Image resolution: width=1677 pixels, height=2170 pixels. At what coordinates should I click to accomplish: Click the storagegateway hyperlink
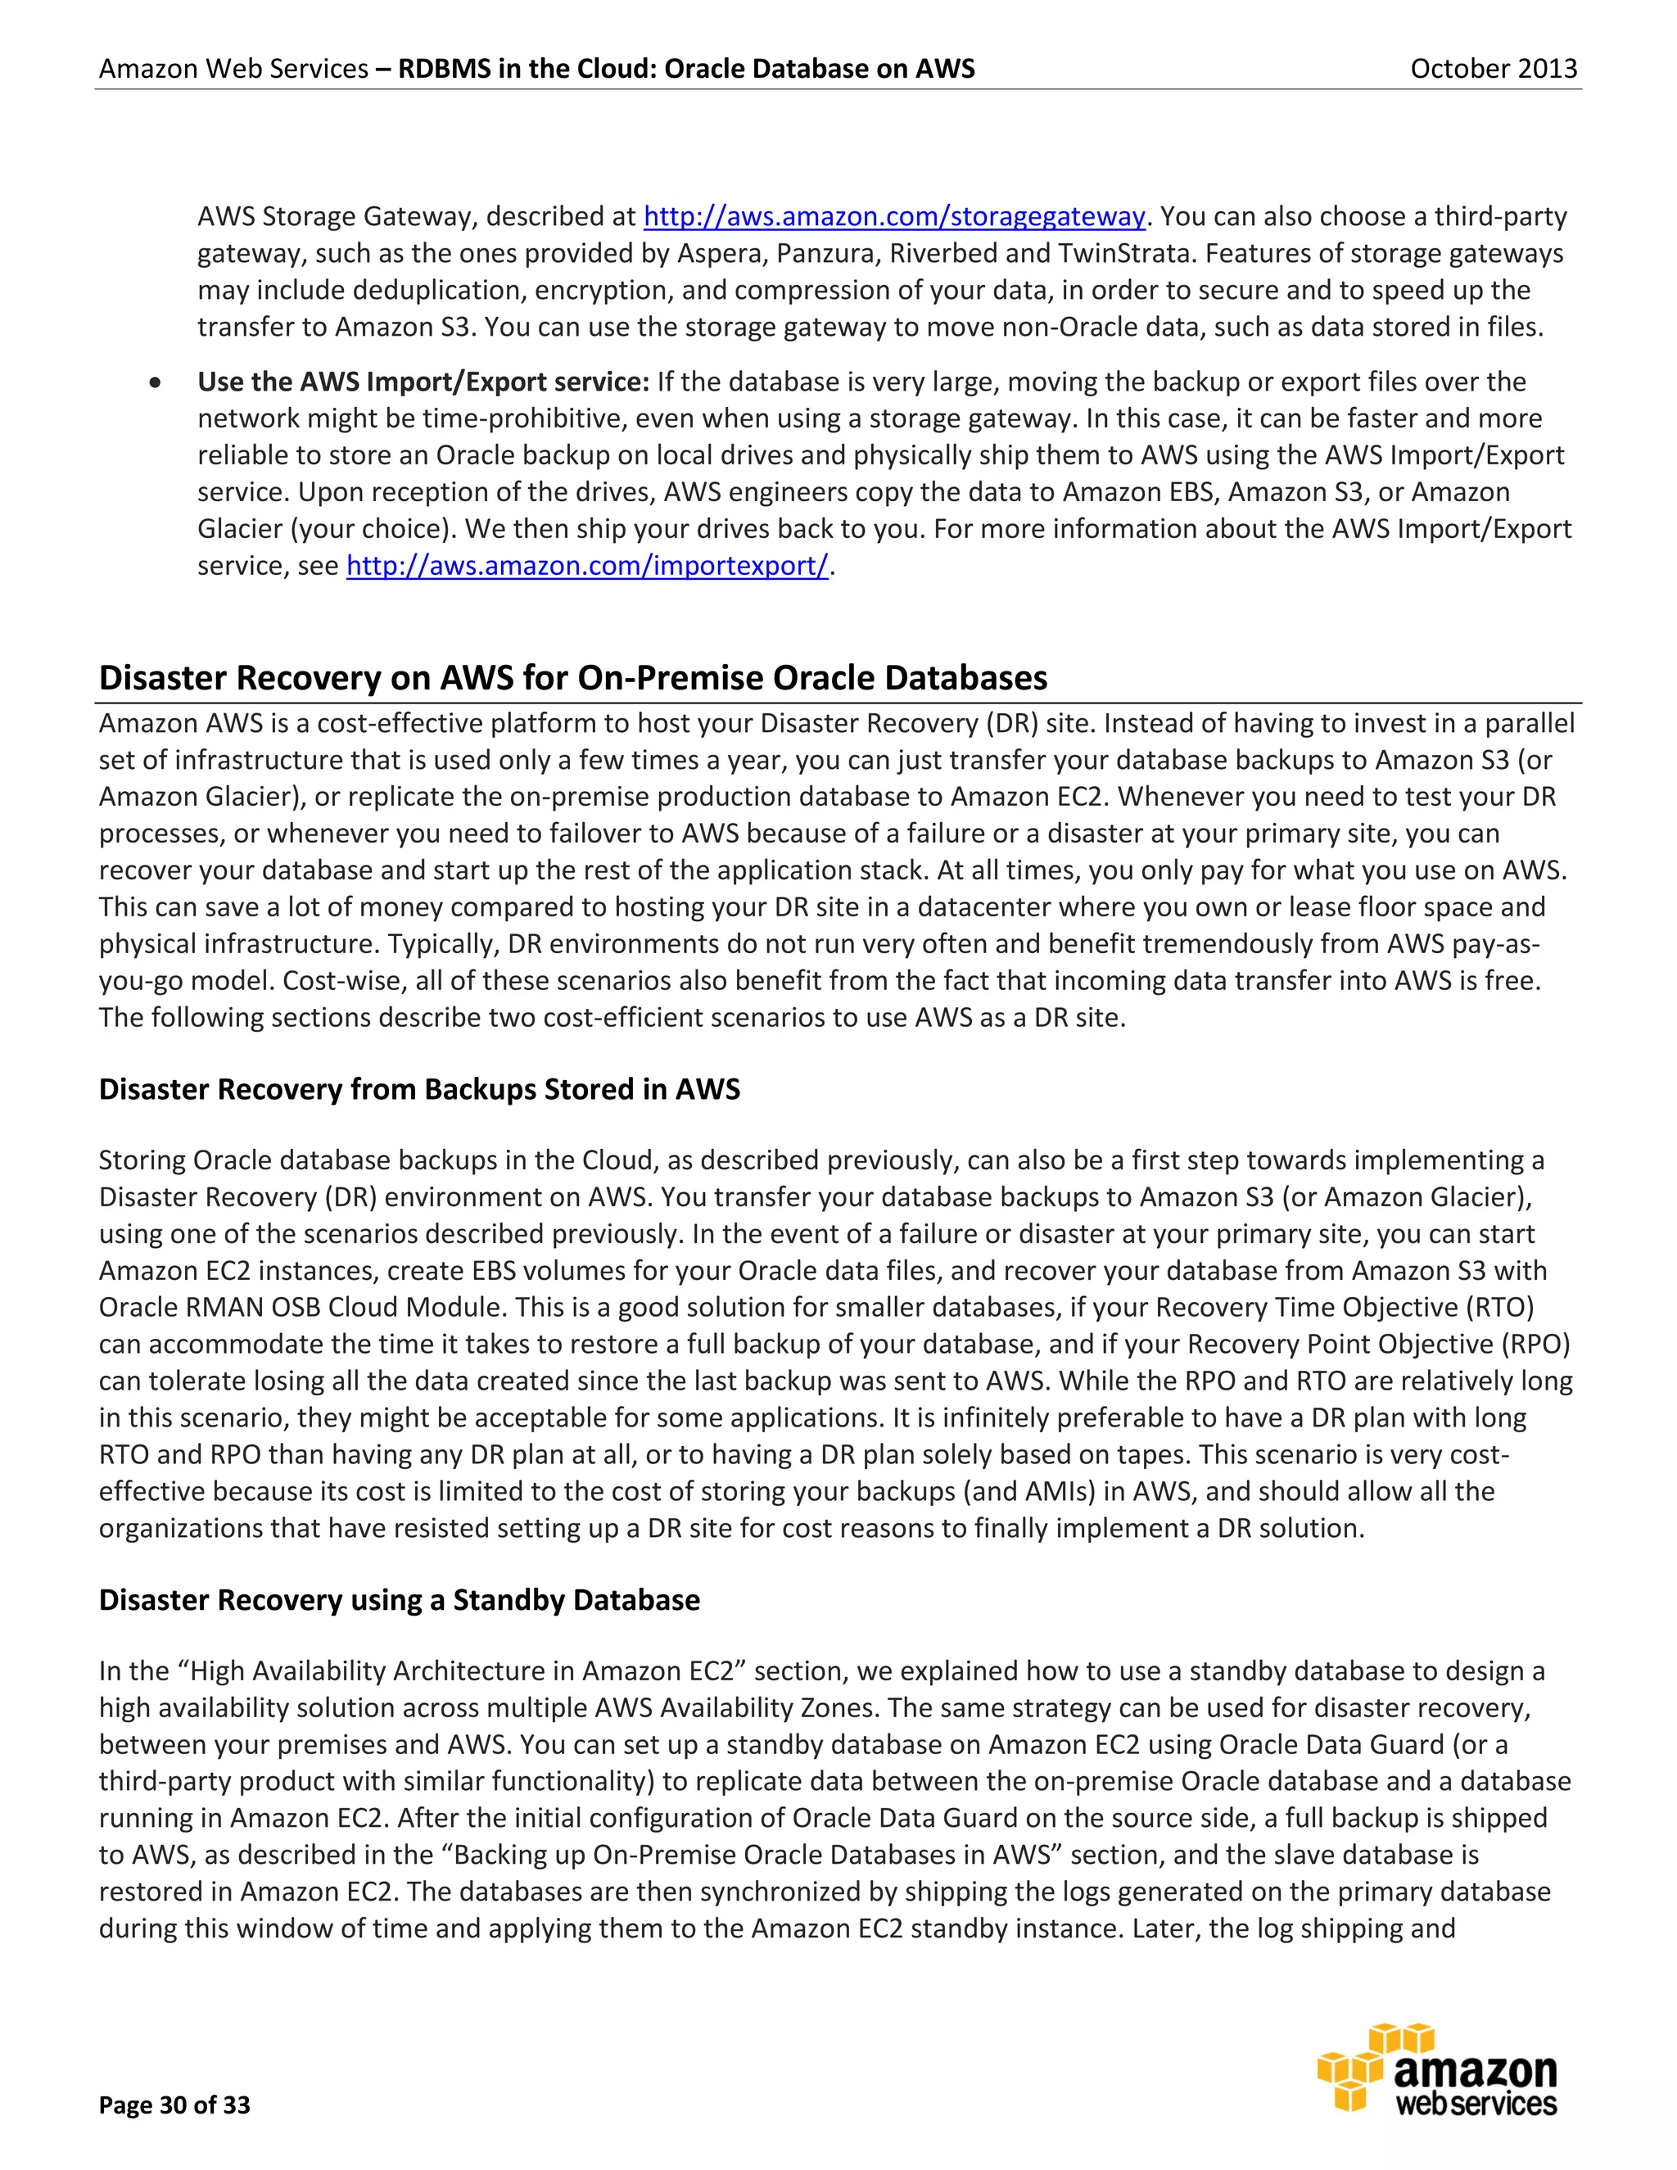pos(894,217)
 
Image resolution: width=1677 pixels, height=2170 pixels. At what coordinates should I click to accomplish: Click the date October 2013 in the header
pos(1494,69)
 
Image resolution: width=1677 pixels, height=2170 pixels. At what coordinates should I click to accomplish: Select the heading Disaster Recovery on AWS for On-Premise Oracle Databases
pos(572,678)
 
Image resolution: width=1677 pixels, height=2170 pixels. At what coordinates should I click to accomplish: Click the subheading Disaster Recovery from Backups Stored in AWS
pos(419,1089)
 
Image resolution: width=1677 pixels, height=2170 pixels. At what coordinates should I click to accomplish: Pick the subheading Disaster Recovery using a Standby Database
pos(400,1600)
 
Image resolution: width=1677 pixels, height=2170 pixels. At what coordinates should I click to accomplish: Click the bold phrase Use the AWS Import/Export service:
pos(423,382)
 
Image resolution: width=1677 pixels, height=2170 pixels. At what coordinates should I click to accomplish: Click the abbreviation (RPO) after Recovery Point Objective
pos(1535,1345)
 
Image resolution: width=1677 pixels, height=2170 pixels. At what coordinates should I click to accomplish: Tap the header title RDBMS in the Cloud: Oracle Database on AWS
pos(686,69)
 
